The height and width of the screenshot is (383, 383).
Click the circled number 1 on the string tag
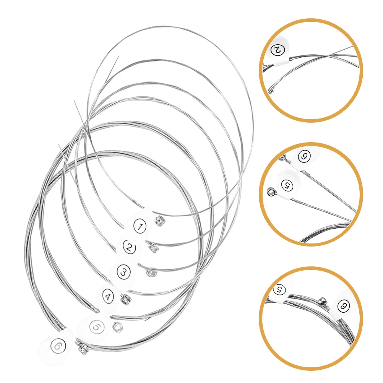click(140, 227)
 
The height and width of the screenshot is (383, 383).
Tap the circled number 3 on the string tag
click(123, 272)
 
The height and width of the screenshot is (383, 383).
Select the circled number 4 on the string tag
click(109, 295)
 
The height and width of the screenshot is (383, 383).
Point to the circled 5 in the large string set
click(97, 327)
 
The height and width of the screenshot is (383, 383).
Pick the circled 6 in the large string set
click(58, 346)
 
